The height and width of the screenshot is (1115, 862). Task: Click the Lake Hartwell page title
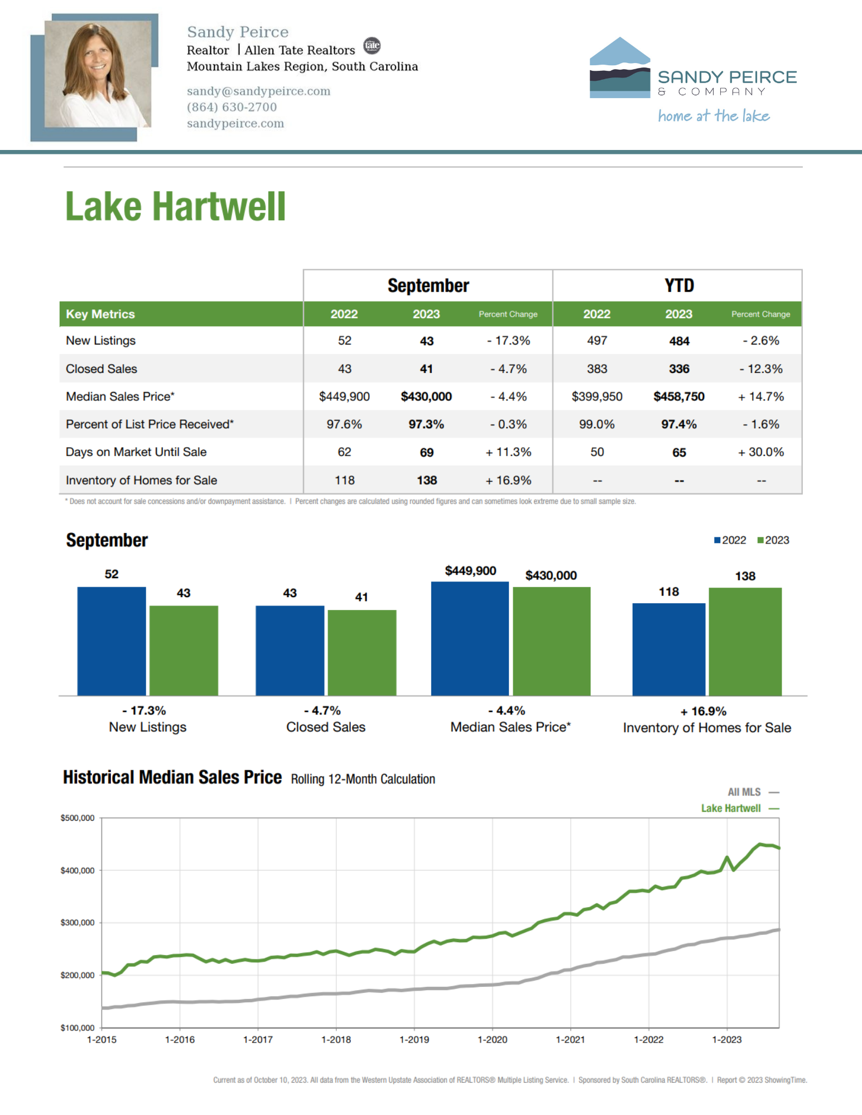tap(176, 207)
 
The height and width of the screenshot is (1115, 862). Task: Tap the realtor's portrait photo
tap(98, 74)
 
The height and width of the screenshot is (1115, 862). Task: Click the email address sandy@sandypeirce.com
tap(258, 91)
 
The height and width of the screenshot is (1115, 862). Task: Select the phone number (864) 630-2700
tap(232, 107)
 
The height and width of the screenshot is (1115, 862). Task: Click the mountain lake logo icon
tap(620, 67)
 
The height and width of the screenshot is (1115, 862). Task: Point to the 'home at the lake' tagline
tap(714, 116)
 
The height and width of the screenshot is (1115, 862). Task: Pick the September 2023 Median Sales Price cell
tap(426, 396)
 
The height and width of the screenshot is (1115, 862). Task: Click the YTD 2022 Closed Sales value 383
tap(597, 369)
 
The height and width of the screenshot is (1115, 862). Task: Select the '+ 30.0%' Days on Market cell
tap(761, 452)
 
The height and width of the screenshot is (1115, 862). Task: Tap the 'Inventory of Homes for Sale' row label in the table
tap(141, 480)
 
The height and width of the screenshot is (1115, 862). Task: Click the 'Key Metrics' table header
tap(100, 314)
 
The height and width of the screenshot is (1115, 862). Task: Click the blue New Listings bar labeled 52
tap(112, 641)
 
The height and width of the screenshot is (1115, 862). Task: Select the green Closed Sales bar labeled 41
tap(362, 653)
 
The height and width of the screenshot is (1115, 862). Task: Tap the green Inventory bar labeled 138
tap(745, 642)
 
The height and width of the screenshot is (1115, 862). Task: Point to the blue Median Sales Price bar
tap(470, 639)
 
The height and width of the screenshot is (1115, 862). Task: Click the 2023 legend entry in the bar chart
tap(773, 540)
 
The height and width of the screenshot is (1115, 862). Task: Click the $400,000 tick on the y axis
tap(78, 870)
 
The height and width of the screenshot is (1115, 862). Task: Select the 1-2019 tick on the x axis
tap(415, 1040)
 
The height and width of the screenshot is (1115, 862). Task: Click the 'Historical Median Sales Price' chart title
tap(172, 777)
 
